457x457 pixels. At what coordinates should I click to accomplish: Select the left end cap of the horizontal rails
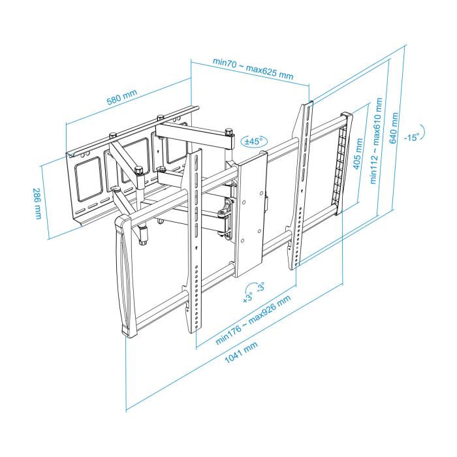125,274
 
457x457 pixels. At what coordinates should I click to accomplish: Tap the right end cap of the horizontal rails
344,163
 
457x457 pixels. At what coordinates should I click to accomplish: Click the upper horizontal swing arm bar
196,134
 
